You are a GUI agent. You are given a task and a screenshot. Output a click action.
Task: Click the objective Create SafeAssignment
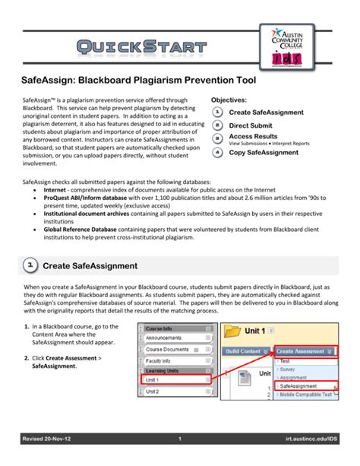pyautogui.click(x=266, y=112)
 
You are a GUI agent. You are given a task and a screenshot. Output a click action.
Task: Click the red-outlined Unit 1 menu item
pyautogui.click(x=170, y=380)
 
